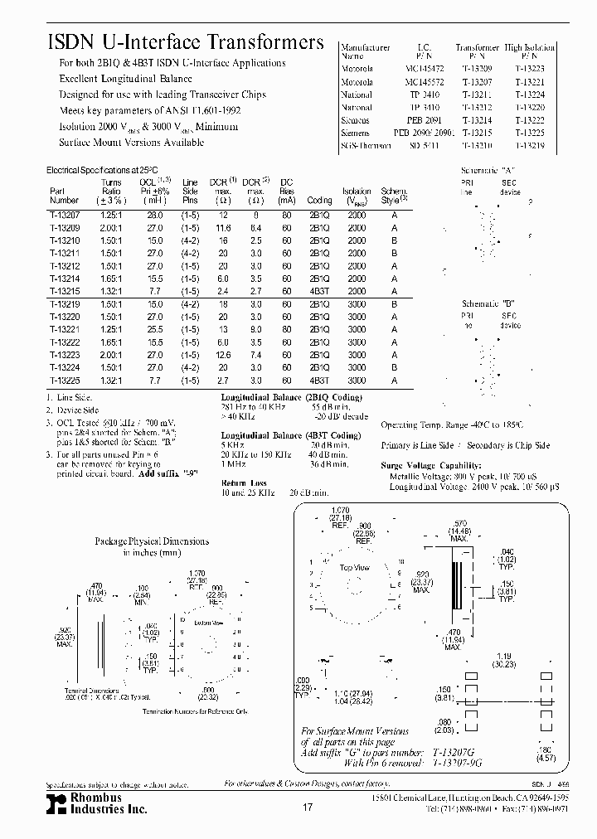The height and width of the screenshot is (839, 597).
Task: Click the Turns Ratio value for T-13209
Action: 111,227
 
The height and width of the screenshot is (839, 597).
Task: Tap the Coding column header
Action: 319,200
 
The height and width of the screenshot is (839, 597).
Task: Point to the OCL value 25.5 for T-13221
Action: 153,329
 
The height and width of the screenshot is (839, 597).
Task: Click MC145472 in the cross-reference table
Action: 424,69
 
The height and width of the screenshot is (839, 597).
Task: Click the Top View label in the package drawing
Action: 354,568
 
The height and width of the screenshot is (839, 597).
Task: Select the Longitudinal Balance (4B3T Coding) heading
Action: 290,435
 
